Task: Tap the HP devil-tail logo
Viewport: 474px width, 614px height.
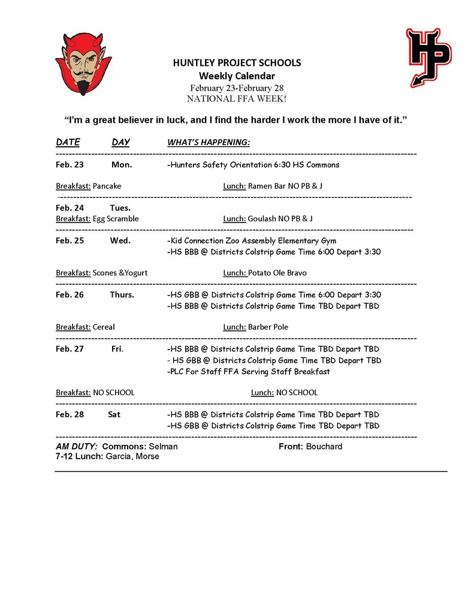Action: click(x=428, y=56)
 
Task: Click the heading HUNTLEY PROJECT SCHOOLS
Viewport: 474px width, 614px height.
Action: click(x=237, y=62)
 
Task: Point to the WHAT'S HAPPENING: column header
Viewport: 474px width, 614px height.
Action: click(x=208, y=142)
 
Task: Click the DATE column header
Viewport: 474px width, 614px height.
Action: click(x=68, y=142)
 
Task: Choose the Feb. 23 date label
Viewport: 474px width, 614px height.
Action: click(x=70, y=164)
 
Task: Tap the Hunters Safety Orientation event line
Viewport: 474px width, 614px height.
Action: click(x=253, y=164)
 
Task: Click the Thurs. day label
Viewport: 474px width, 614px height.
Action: click(x=122, y=294)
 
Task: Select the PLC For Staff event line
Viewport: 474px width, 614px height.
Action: click(x=248, y=371)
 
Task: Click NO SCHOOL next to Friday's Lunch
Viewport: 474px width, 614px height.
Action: click(x=297, y=393)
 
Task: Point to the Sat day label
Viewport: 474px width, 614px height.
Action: click(x=114, y=414)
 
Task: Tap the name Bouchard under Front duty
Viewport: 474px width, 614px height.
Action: click(x=324, y=446)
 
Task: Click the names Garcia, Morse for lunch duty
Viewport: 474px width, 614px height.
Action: click(x=132, y=456)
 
